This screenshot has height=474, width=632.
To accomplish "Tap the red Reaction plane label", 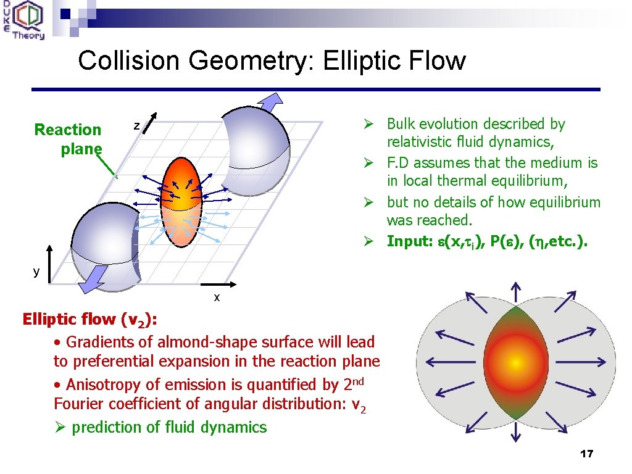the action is click(x=68, y=139).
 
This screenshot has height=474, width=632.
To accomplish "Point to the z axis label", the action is click(x=138, y=127).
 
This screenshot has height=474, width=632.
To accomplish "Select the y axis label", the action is click(x=36, y=271).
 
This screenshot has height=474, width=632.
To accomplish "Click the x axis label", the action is click(x=217, y=297).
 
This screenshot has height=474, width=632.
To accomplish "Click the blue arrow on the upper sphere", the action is click(x=270, y=101).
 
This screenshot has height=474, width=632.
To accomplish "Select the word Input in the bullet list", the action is click(x=408, y=241).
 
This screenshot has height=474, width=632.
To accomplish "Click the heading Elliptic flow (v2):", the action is click(x=89, y=319).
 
